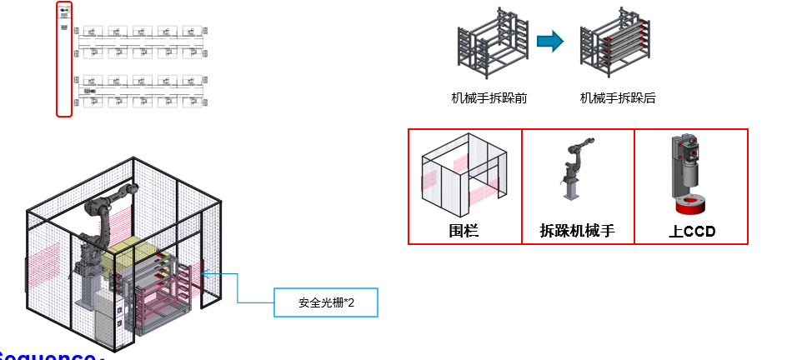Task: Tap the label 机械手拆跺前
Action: (x=489, y=98)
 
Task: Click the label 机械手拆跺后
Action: (x=618, y=98)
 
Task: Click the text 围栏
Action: (x=464, y=231)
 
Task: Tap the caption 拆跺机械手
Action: (x=578, y=231)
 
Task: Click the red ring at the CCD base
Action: (x=689, y=207)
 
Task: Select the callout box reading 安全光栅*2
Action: (x=326, y=302)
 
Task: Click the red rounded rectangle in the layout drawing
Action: (x=64, y=58)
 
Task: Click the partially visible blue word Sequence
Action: (x=50, y=356)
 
